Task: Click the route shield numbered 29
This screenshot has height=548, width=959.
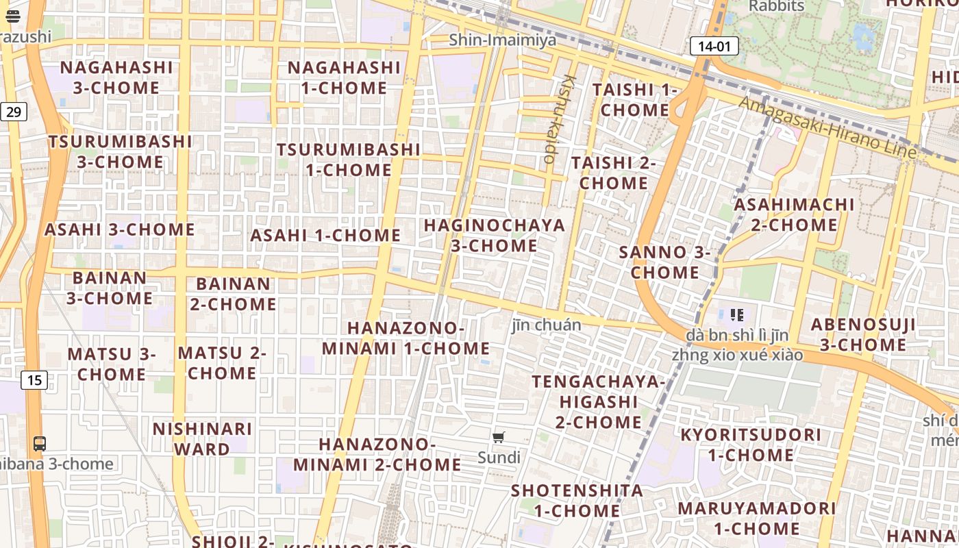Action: coord(13,111)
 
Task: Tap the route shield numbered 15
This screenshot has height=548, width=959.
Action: coord(35,379)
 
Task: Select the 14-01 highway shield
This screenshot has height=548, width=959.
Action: coord(714,47)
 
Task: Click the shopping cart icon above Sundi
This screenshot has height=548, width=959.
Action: coord(499,438)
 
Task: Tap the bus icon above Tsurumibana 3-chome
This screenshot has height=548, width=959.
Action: coord(40,443)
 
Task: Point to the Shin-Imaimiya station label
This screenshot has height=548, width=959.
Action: coord(503,40)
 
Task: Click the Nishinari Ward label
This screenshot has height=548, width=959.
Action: coord(202,439)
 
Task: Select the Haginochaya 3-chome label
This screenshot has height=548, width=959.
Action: coord(495,235)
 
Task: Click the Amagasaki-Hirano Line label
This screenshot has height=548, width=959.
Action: coord(827,127)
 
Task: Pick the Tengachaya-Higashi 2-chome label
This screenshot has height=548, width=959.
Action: coord(599,401)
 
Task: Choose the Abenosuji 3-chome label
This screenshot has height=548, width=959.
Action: coord(863,334)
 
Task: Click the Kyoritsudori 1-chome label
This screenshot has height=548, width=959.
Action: coord(751,445)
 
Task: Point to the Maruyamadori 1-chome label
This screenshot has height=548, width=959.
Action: coord(757,519)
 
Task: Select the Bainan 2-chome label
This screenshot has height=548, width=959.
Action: coord(234,294)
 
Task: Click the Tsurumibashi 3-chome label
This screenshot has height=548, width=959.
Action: coord(121,151)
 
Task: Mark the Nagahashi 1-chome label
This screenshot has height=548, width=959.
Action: coord(344,77)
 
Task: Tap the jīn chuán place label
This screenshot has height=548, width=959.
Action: coord(546,325)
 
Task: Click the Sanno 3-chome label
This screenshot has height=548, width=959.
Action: coord(665,262)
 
